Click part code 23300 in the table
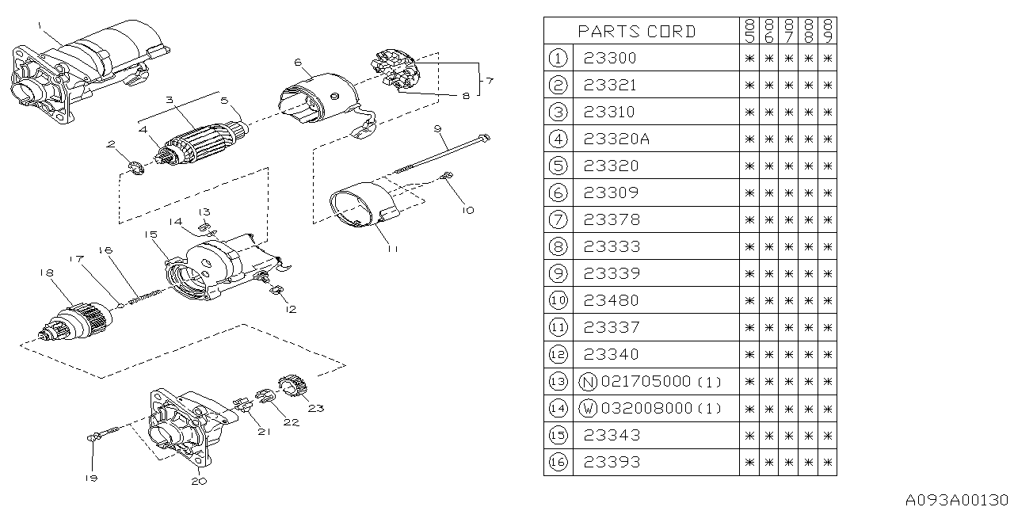(x=609, y=58)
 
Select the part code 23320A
(x=616, y=139)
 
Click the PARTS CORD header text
(x=636, y=32)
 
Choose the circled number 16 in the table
(x=558, y=462)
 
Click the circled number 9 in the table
(x=558, y=273)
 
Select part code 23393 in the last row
(x=611, y=462)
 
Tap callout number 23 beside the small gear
(x=316, y=410)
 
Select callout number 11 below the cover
(x=392, y=248)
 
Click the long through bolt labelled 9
(x=444, y=154)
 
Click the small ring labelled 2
(x=135, y=168)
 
